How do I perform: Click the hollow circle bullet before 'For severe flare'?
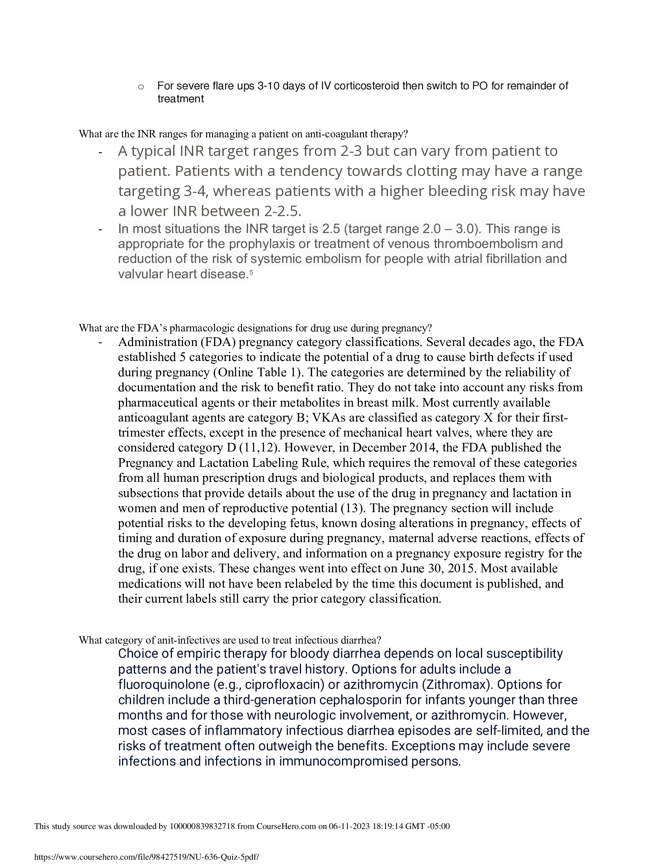click(141, 87)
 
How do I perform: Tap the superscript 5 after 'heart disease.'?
click(251, 272)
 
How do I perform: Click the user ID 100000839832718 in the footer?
click(202, 826)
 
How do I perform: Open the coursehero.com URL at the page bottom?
click(147, 857)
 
